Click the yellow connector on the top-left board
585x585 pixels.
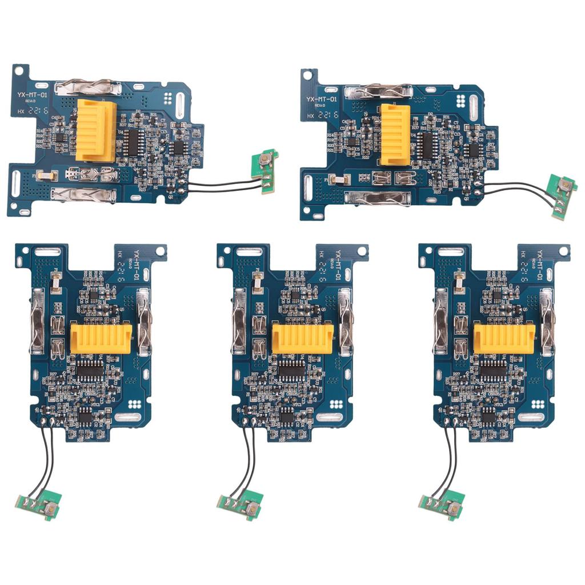(x=97, y=129)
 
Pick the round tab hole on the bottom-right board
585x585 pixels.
(x=563, y=250)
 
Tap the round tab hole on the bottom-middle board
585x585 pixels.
(x=361, y=250)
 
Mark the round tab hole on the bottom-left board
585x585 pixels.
(x=159, y=250)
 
